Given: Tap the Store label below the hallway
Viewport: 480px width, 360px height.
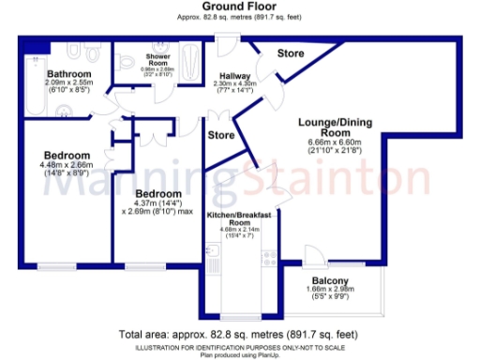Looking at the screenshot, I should [x=220, y=136].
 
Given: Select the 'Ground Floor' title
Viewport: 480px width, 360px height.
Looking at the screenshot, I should [x=239, y=7].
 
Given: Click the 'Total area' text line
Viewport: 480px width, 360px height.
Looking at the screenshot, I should [x=239, y=334].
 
